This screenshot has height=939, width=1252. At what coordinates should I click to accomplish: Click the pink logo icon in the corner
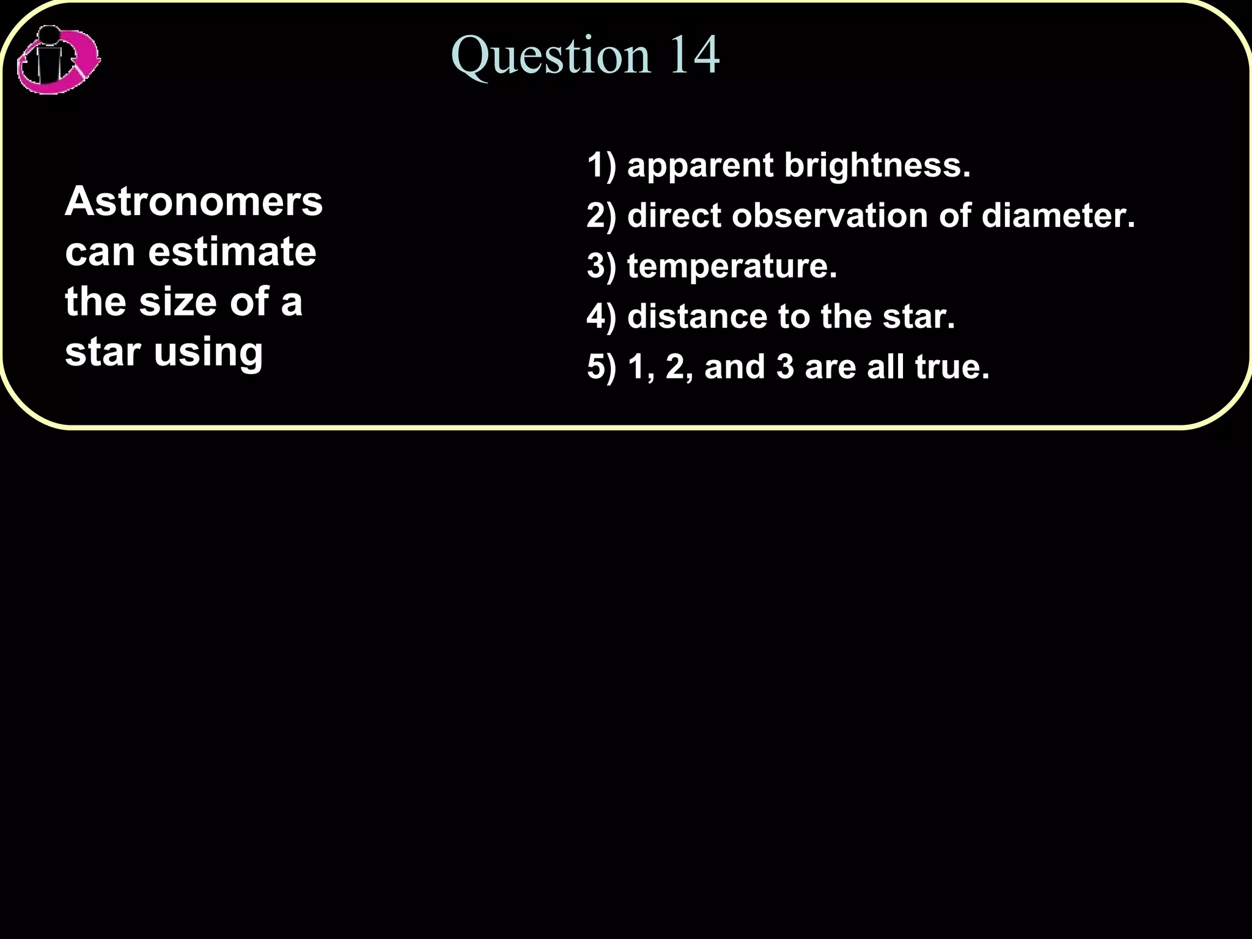pyautogui.click(x=58, y=60)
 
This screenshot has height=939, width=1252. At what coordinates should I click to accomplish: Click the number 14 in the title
pyautogui.click(x=694, y=55)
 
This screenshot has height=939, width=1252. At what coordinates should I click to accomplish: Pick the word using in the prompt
pyautogui.click(x=208, y=353)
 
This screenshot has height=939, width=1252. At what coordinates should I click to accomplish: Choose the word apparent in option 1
pyautogui.click(x=701, y=166)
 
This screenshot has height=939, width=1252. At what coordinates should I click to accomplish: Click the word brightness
pyautogui.click(x=877, y=165)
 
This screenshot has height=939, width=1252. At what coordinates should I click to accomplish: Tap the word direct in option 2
pyautogui.click(x=675, y=215)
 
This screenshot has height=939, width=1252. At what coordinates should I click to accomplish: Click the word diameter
pyautogui.click(x=1058, y=215)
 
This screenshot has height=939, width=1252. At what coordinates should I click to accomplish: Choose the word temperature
pyautogui.click(x=732, y=267)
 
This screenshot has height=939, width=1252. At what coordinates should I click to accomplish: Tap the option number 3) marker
pyautogui.click(x=602, y=267)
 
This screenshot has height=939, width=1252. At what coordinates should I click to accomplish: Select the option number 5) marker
pyautogui.click(x=602, y=367)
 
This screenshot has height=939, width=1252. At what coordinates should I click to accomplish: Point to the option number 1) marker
pyautogui.click(x=602, y=166)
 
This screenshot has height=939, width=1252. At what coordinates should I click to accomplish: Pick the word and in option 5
pyautogui.click(x=735, y=367)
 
